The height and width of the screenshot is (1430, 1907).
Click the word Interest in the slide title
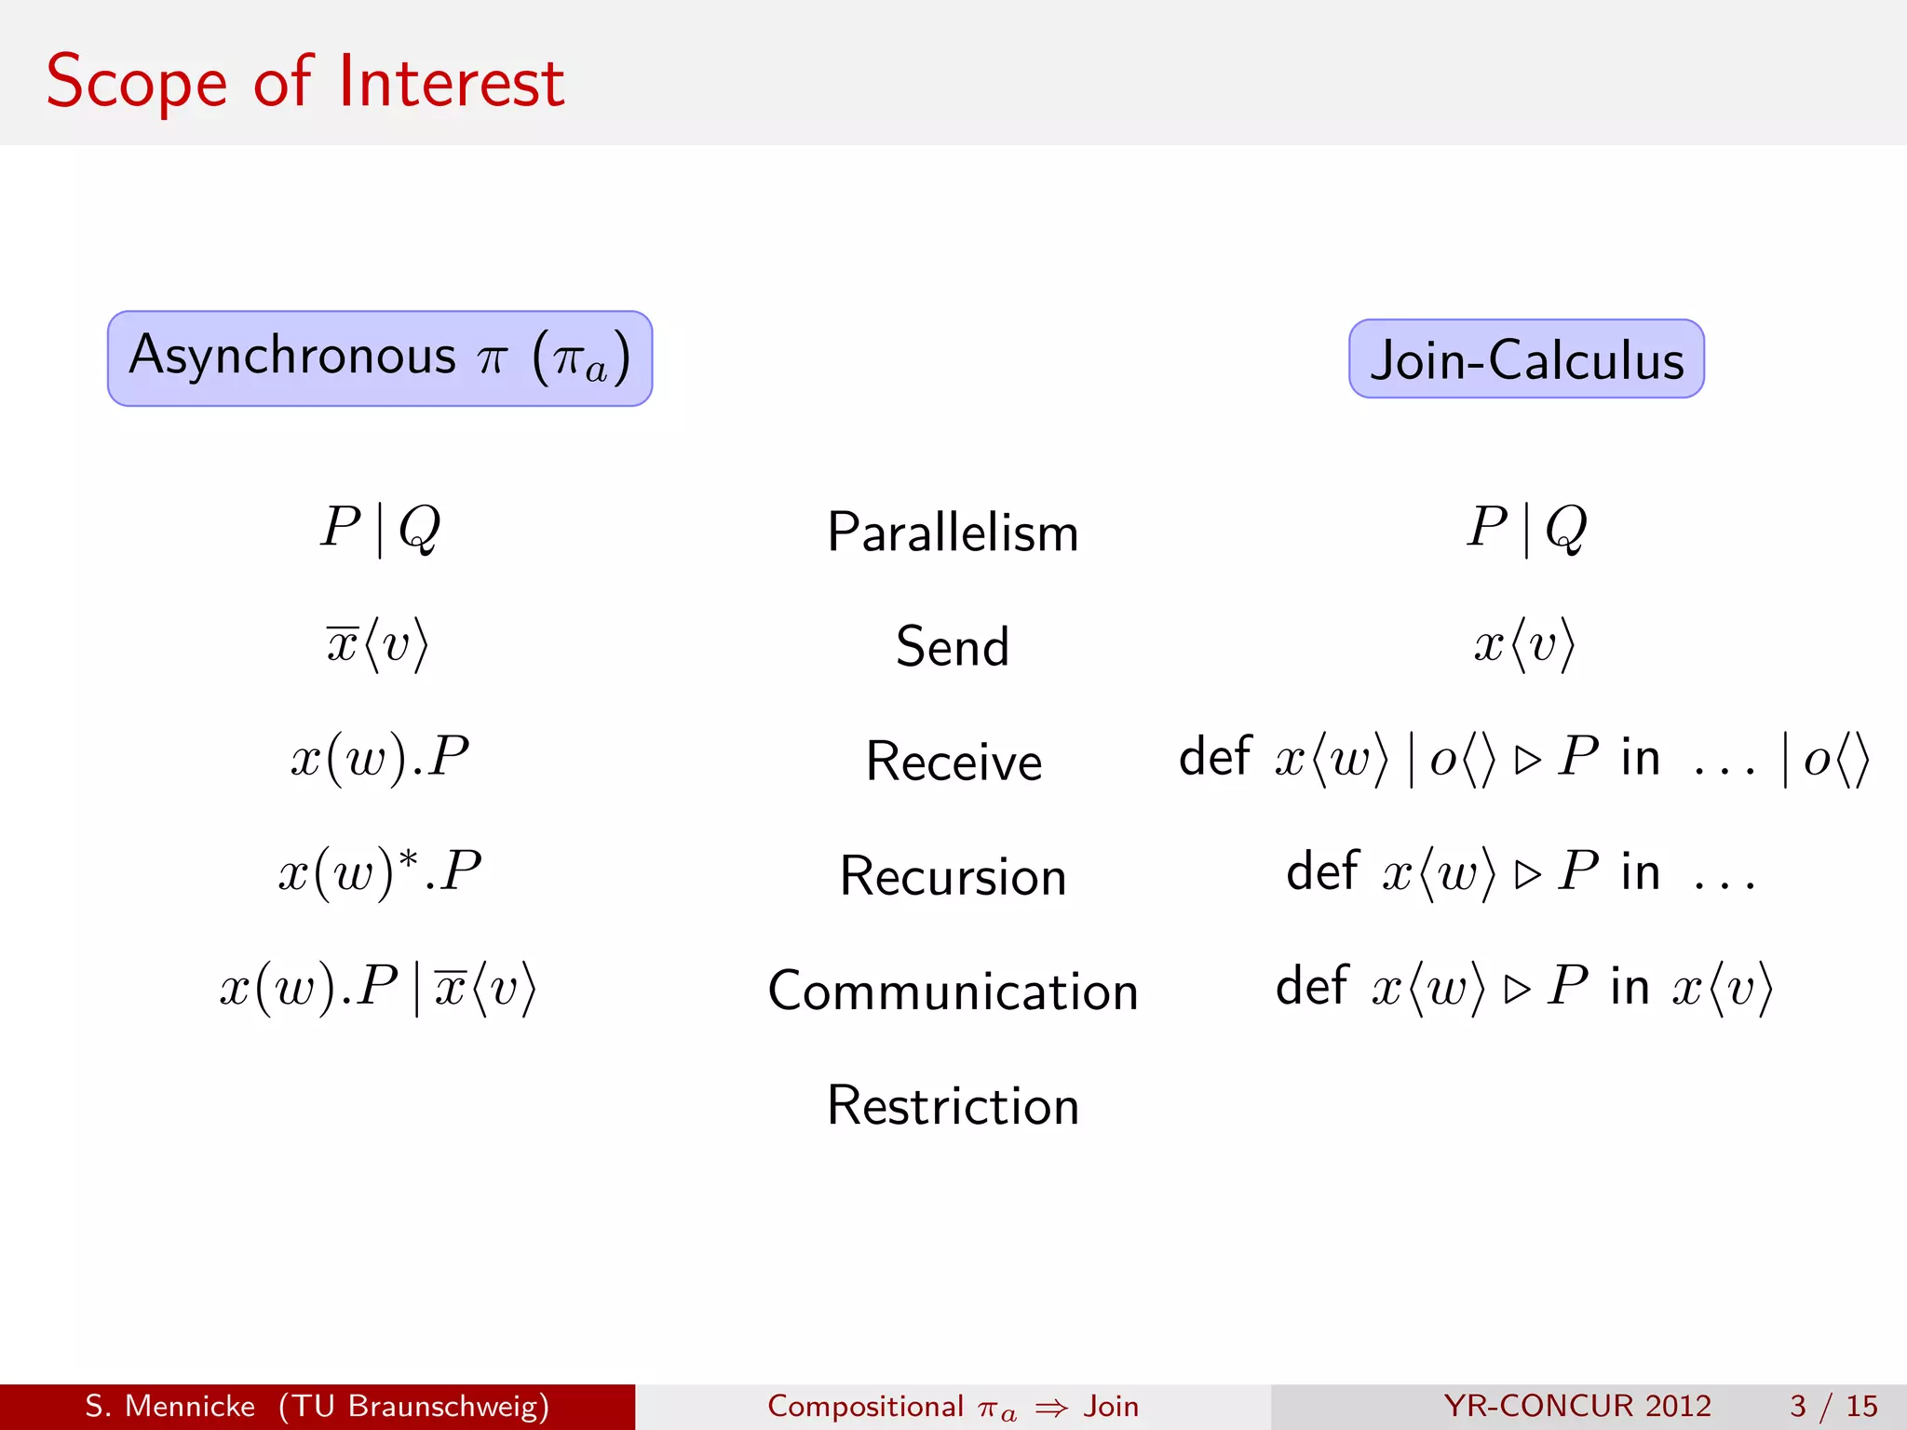pos(451,82)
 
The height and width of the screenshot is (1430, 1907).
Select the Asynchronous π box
pos(380,358)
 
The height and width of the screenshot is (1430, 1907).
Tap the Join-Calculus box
pos(1526,359)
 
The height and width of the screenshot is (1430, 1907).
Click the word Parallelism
pos(953,533)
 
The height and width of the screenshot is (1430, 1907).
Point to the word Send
pos(953,646)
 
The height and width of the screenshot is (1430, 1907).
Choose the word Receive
pos(953,762)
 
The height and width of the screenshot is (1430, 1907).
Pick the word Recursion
pos(953,876)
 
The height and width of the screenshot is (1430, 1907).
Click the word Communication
pos(953,991)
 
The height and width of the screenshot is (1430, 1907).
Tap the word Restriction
pos(953,1106)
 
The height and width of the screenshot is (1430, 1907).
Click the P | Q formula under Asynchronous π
pos(380,528)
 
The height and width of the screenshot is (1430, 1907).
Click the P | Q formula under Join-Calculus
pos(1526,528)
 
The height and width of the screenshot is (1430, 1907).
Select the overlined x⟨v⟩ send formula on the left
pos(377,644)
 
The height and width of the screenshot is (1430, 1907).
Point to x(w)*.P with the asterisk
pos(380,873)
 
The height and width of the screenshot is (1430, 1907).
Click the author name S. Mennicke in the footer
pos(169,1406)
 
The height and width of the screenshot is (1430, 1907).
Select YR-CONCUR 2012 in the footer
pos(1577,1406)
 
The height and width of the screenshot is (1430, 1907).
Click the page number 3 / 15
pos(1833,1406)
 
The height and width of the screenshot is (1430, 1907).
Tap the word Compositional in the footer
pos(865,1406)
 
